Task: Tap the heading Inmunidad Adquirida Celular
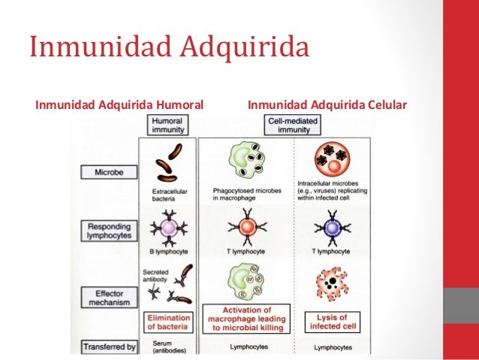(x=327, y=104)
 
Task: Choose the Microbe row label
(x=109, y=172)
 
